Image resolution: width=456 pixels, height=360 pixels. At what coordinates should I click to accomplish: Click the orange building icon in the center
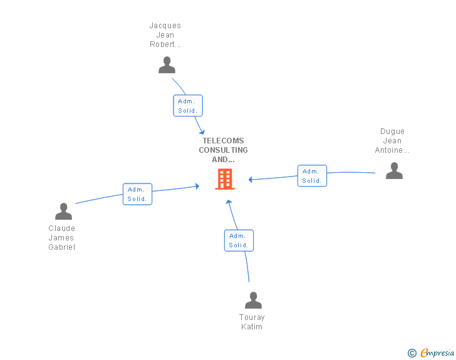pos(225,179)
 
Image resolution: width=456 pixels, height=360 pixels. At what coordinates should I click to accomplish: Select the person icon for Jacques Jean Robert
pos(167,65)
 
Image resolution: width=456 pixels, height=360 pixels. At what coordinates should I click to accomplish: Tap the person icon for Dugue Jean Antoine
pos(394,170)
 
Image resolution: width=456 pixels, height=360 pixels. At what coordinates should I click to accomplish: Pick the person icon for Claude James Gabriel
pos(63,212)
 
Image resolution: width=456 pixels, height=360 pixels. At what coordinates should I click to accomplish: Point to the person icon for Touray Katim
pos(253,301)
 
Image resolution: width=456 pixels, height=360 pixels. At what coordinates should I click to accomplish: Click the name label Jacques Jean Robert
pos(165,35)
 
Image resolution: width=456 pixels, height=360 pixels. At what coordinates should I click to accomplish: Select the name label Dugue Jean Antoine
pos(392,141)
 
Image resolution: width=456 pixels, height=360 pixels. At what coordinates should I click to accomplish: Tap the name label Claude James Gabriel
pos(61,238)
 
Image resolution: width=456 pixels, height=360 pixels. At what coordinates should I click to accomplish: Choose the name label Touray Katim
pos(252,322)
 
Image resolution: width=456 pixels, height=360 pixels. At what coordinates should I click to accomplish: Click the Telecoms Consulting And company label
pos(224,150)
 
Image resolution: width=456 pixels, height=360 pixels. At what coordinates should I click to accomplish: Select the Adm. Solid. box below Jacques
pos(187,106)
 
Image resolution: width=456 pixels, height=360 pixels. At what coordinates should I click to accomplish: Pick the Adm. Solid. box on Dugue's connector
pos(311,176)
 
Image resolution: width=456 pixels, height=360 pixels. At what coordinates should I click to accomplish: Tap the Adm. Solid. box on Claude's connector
pos(137,194)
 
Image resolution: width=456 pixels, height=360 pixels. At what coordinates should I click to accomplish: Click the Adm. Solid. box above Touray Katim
pos(239,240)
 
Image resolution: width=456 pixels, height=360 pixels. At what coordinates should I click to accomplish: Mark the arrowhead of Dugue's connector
pos(251,180)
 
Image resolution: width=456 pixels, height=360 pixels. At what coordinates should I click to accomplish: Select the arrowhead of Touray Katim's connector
pos(229,202)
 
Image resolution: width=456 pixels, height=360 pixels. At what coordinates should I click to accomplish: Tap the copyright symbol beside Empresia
pos(412,353)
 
